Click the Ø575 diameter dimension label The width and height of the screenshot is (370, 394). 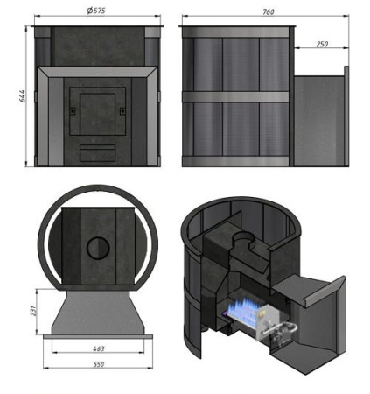point(96,11)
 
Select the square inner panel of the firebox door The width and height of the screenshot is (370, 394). point(96,109)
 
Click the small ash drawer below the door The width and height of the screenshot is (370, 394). point(96,153)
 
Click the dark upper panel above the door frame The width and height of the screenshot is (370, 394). point(96,46)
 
